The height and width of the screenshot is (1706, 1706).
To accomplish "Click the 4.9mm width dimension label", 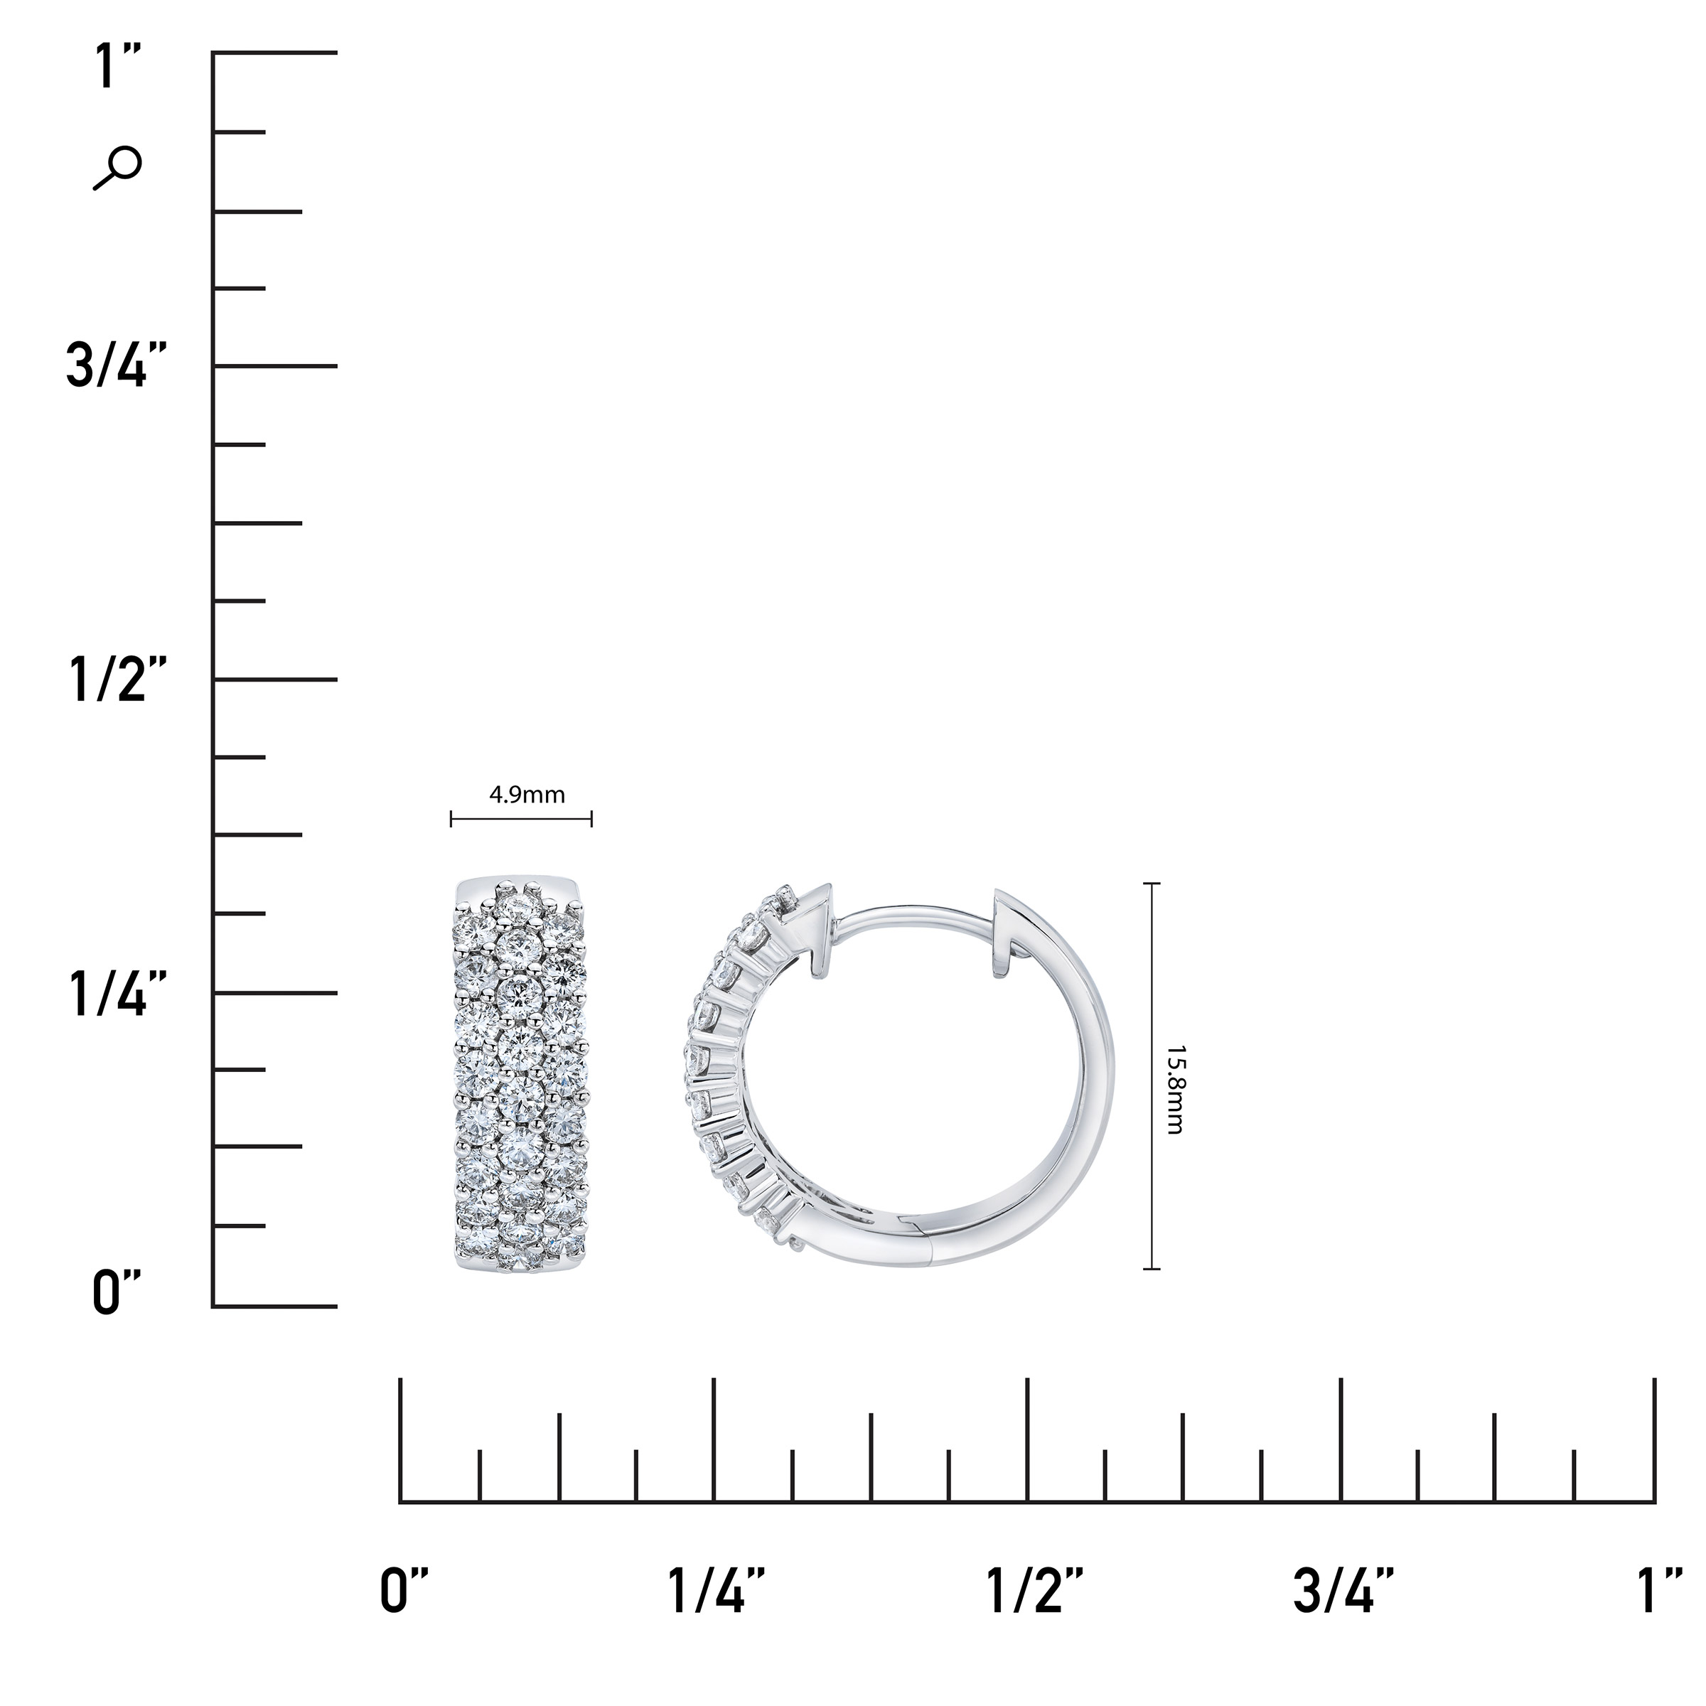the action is [x=527, y=795].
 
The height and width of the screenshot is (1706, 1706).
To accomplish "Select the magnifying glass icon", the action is [x=117, y=168].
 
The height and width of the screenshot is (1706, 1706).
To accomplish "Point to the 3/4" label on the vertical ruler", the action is [x=117, y=365].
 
